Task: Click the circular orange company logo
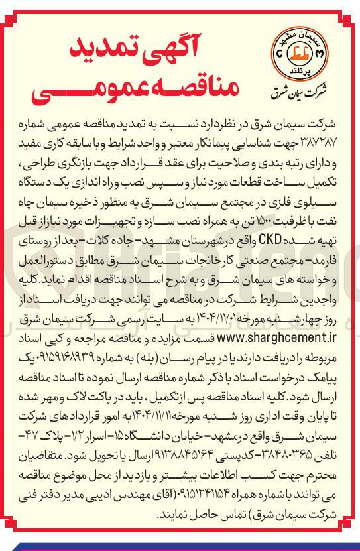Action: click(x=296, y=52)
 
